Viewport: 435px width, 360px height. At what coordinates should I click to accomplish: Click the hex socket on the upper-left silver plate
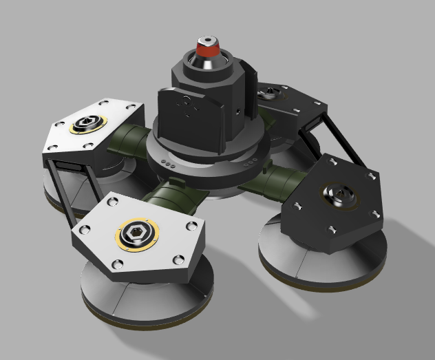88,125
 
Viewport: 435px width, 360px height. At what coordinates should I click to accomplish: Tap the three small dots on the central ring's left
168,162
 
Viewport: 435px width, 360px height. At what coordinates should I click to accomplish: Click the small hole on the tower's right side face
237,109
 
